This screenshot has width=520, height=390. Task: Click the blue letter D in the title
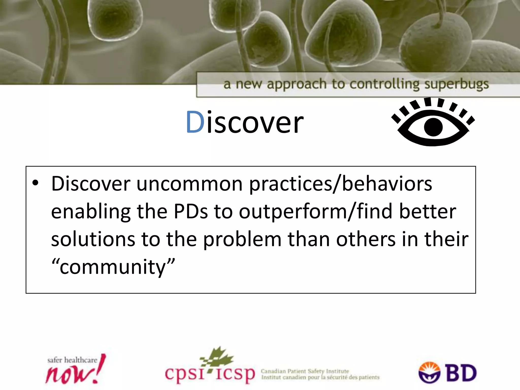point(195,122)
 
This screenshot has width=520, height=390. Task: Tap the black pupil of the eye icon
point(433,127)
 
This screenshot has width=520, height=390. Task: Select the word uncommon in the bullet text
point(189,184)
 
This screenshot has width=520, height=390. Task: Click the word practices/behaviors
point(340,184)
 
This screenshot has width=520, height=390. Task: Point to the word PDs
point(190,212)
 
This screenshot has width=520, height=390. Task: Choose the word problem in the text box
point(242,239)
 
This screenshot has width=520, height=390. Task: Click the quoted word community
point(113,267)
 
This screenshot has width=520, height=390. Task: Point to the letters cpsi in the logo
point(185,373)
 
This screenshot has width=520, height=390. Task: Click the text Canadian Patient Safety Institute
point(305,371)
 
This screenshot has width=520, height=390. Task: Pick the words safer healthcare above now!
point(72,360)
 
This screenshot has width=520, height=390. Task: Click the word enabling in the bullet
point(91,212)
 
